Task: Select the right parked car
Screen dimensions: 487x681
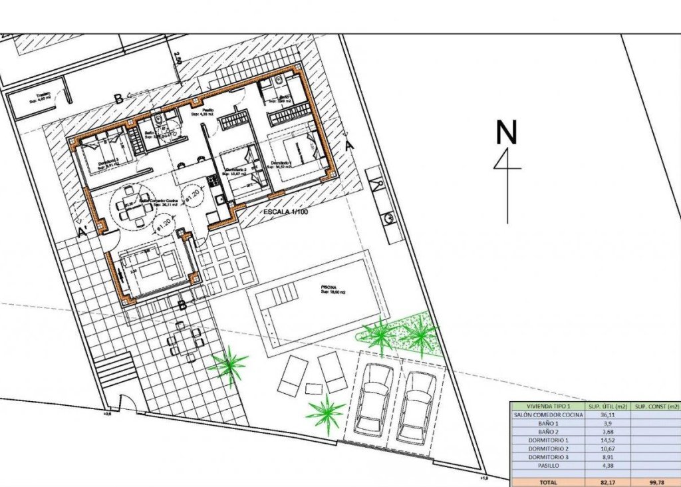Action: point(417,406)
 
